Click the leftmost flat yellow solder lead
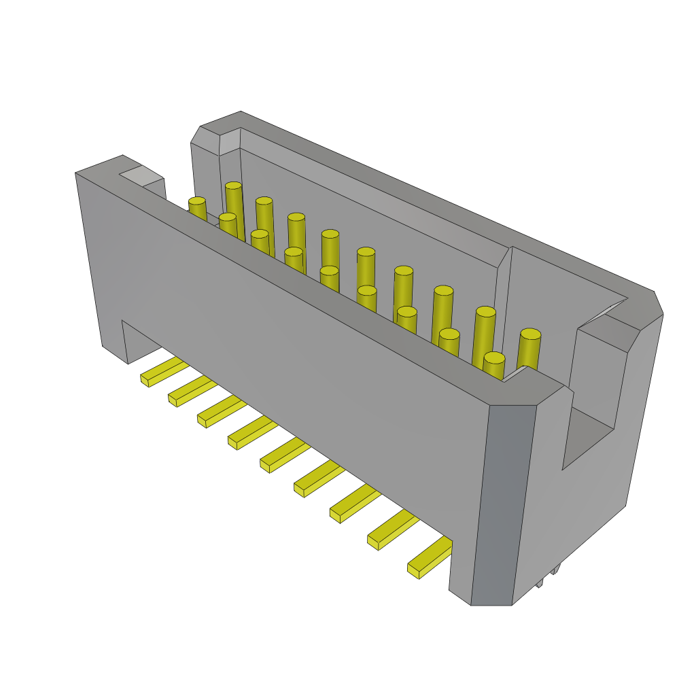pyautogui.click(x=163, y=371)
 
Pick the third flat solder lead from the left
pyautogui.click(x=222, y=411)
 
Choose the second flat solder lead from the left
pyautogui.click(x=192, y=391)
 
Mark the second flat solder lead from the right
pyautogui.click(x=392, y=529)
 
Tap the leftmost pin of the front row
pyautogui.click(x=197, y=207)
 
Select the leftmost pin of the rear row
pyautogui.click(x=234, y=201)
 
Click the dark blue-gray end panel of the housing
pyautogui.click(x=503, y=503)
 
